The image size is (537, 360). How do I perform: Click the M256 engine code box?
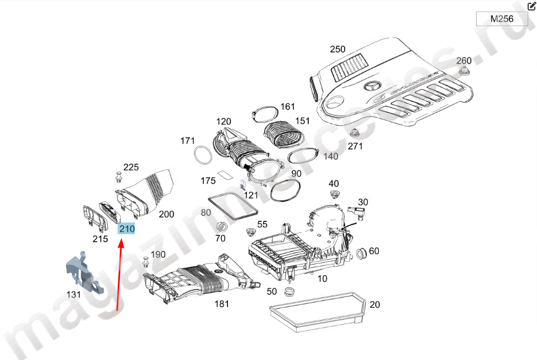pos(502,19)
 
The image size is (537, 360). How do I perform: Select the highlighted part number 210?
pos(127,229)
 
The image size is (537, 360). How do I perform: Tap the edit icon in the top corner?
pos(531,6)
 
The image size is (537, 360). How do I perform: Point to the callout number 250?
pos(338,49)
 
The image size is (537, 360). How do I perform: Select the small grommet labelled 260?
pos(464,71)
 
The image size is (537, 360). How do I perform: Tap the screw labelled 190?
pos(145,262)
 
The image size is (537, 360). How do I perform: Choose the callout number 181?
pos(222,304)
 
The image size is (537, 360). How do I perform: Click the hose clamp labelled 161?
pos(266,114)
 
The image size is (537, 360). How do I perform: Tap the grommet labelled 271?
pos(354,134)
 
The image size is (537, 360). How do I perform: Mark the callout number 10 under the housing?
pos(322,279)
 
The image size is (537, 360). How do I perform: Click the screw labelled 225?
pos(119,178)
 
